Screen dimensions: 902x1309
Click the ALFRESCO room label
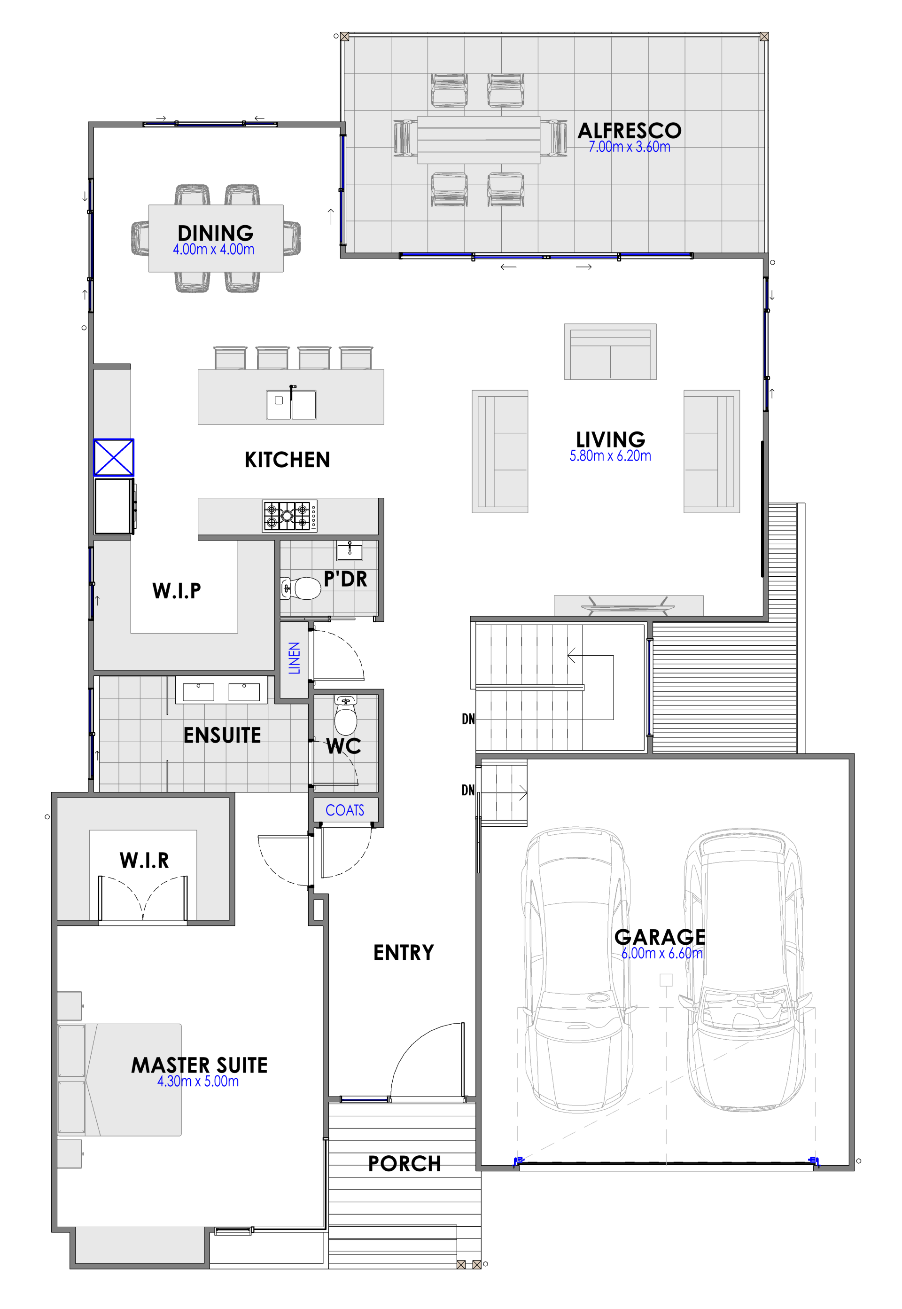pos(629,131)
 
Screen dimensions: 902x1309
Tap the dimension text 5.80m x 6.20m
pos(610,456)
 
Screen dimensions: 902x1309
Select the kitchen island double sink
pos(291,404)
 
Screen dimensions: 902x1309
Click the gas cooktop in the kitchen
pos(289,516)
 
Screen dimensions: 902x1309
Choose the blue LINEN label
pos(295,658)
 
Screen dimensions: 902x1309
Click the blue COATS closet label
pos(345,810)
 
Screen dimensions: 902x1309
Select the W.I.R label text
pos(144,860)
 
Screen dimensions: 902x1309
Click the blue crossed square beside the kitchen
pos(114,457)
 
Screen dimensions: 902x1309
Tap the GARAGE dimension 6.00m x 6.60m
pos(662,953)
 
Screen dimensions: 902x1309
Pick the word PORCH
pos(404,1163)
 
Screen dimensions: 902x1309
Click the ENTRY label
pos(404,952)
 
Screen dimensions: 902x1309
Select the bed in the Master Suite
pos(119,1080)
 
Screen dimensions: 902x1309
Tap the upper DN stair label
pos(468,719)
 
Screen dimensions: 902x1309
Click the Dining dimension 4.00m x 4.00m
pos(214,250)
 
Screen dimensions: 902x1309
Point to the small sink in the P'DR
pos(350,550)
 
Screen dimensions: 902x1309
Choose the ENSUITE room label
pos(222,735)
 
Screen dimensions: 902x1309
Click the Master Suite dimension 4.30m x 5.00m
pos(198,1081)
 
